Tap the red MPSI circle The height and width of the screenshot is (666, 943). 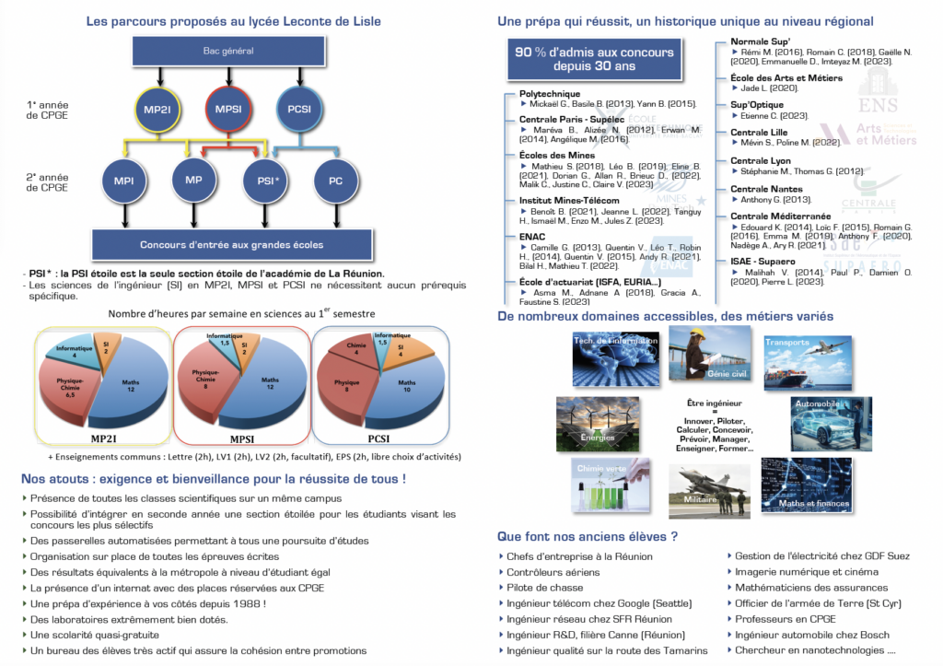228,110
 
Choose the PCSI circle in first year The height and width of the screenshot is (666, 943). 298,110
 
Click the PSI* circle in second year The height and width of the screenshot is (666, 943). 267,181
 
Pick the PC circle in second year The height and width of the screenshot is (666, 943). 335,181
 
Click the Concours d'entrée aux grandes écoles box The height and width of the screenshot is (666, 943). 231,244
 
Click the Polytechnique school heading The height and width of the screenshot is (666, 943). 551,94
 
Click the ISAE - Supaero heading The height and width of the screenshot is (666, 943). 763,262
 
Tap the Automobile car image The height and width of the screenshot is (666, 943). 831,423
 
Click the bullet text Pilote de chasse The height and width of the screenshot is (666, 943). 544,588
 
